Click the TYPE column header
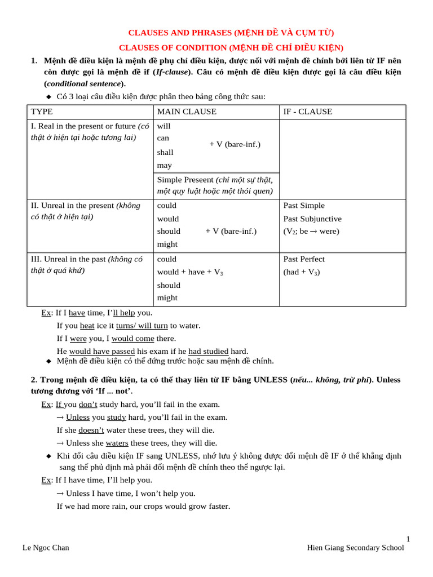coord(42,112)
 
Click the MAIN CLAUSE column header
coord(187,112)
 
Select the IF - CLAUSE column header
coord(308,112)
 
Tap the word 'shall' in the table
coord(165,152)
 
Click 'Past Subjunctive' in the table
coord(312,219)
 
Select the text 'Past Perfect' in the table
coord(304,259)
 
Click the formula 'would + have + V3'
coord(190,272)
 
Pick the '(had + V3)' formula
coord(302,272)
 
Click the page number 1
coord(408,539)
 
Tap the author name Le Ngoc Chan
coord(46,548)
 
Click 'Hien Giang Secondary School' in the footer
coord(355,548)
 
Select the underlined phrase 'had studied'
coord(208,351)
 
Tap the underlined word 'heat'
coord(87,325)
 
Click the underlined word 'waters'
coord(117,443)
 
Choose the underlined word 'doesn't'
coord(91,430)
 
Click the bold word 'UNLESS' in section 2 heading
coord(271,380)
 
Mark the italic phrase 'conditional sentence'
coord(83,83)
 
